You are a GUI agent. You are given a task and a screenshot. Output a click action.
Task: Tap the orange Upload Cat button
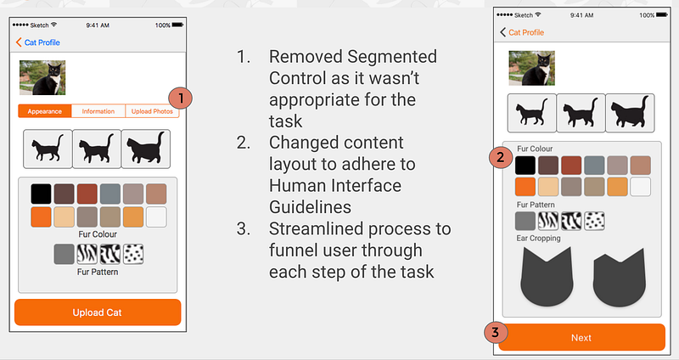click(98, 312)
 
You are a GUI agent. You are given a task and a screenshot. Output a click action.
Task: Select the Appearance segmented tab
click(45, 111)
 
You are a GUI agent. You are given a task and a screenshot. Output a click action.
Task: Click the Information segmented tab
click(98, 111)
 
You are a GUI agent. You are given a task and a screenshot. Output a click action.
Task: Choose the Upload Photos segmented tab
click(152, 111)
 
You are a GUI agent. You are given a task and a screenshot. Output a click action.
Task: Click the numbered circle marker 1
click(180, 98)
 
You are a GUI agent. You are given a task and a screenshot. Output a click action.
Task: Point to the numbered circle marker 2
click(501, 157)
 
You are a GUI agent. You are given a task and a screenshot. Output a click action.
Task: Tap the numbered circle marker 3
click(496, 333)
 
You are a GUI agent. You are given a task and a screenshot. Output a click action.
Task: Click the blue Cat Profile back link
click(37, 42)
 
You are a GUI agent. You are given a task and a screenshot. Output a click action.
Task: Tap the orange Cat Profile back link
click(521, 32)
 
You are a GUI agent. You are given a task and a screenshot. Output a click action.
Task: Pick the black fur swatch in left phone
click(41, 194)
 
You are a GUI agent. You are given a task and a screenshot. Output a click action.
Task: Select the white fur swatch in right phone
click(641, 187)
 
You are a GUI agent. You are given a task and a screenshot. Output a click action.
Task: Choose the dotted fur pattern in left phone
click(133, 254)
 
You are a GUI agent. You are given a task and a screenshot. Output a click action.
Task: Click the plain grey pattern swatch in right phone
click(525, 221)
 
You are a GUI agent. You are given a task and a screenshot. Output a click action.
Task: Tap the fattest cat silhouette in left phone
click(146, 149)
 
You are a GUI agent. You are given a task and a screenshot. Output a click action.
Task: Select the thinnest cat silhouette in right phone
click(532, 113)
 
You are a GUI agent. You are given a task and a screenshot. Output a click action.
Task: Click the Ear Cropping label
click(538, 239)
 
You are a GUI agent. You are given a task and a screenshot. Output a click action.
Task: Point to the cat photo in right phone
click(532, 68)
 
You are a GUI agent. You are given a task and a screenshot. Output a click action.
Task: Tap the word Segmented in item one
click(392, 57)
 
